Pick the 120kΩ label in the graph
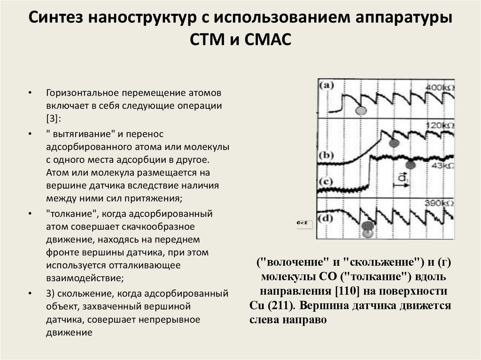point(440,126)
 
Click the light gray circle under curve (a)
point(361,111)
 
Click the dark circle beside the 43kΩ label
point(411,164)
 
